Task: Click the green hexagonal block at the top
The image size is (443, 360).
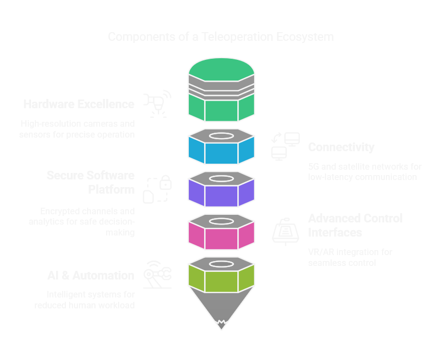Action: pos(221,106)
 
